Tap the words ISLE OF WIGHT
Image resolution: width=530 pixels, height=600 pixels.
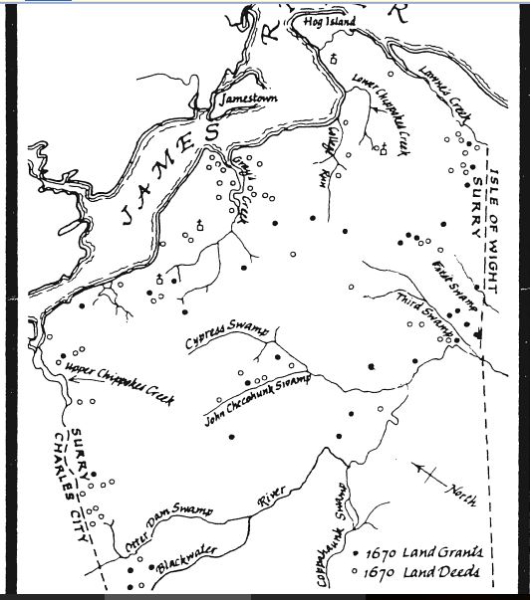[500, 220]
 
